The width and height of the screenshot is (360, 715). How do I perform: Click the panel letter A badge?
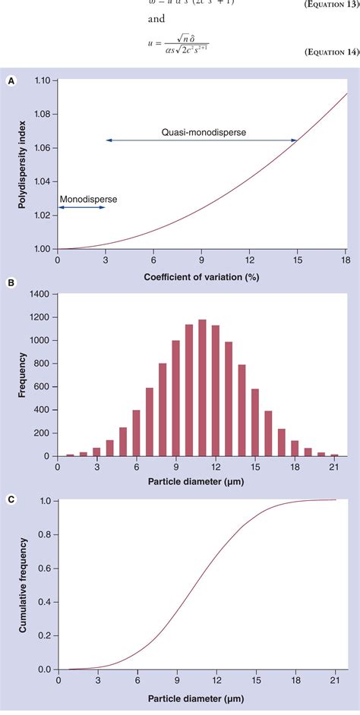pos(11,78)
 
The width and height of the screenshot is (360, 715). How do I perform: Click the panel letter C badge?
pos(11,499)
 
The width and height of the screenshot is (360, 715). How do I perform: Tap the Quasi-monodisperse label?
pos(209,132)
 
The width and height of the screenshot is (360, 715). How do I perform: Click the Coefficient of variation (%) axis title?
pos(201,276)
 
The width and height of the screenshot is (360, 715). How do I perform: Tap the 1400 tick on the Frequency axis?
pos(38,293)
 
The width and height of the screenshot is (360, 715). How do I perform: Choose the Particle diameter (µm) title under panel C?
pos(201,698)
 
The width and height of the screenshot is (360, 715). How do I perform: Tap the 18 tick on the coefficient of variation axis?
pos(345,260)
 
